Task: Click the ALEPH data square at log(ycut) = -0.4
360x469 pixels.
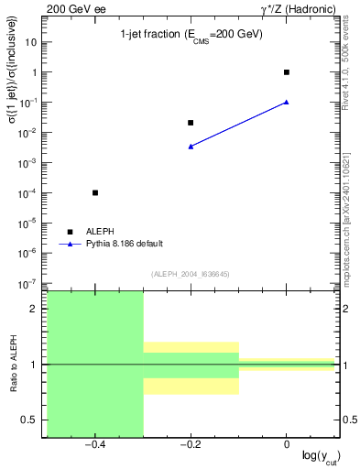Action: [x=95, y=192]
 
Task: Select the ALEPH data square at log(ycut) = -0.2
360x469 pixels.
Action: [x=191, y=123]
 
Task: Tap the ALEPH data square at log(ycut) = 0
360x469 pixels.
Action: [x=287, y=71]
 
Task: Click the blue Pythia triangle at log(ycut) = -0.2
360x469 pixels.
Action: [x=191, y=146]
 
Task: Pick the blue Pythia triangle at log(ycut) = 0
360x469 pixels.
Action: [x=287, y=102]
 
